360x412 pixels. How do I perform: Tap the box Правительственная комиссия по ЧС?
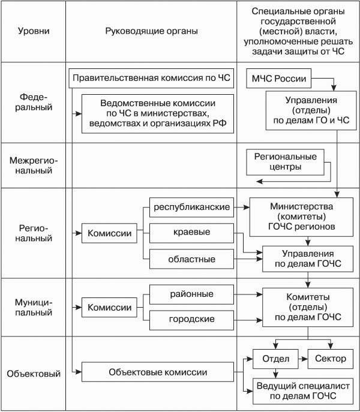point(151,78)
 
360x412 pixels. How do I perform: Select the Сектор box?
point(330,359)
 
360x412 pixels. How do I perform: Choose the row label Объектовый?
point(34,374)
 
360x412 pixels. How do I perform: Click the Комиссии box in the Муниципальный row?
point(110,307)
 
